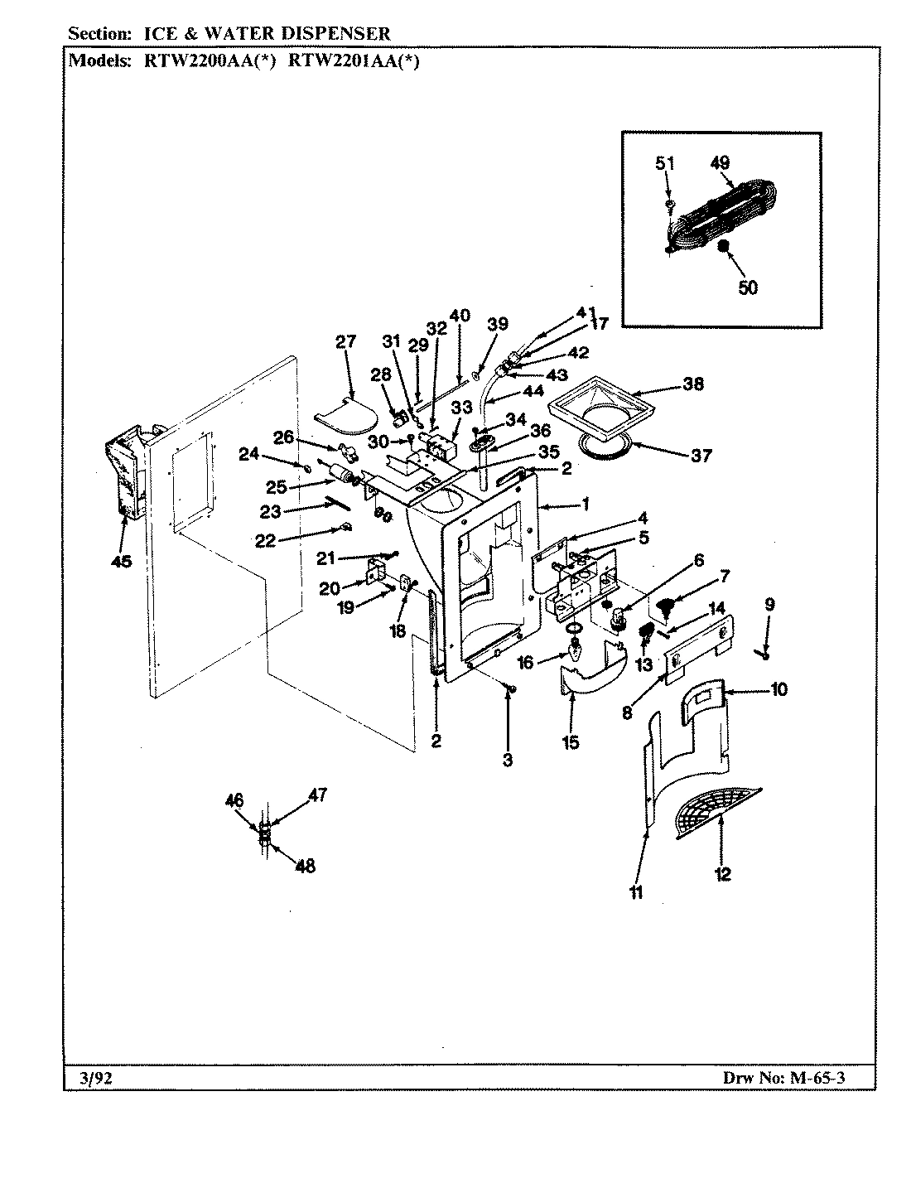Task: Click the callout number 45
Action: pos(121,562)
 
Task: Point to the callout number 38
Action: pos(693,384)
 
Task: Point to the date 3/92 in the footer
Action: pos(83,1078)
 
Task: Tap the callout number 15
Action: pos(571,742)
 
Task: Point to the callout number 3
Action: pos(507,760)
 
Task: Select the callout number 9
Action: pos(769,605)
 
